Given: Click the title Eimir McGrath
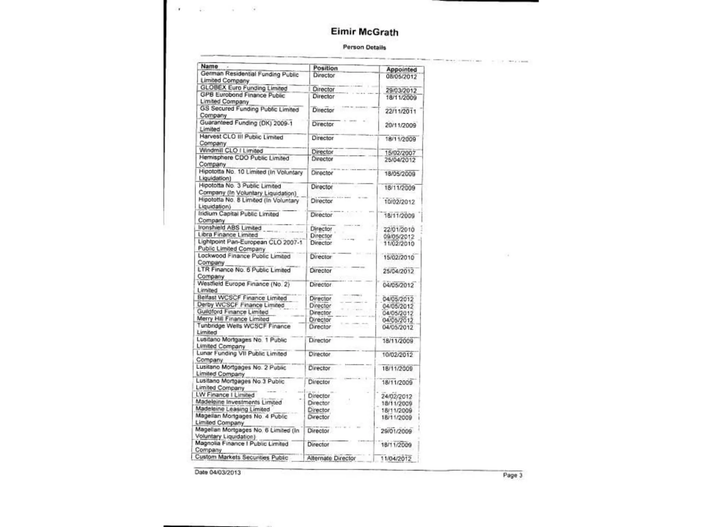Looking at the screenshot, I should coord(365,32).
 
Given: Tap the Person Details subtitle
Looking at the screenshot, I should coord(364,47).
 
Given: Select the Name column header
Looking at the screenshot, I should coord(209,66).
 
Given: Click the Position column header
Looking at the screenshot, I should coord(325,68).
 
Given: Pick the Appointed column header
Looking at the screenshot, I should coord(401,69).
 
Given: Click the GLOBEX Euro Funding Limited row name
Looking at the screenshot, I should coord(244,88).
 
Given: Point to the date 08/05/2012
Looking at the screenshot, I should coord(401,77).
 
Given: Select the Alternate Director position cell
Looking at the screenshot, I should coord(331,458).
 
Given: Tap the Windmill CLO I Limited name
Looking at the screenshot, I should coord(231,151).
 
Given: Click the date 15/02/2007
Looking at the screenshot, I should coord(400,153).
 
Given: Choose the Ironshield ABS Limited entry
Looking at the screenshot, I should coord(230,228).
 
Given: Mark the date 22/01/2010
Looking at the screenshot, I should coord(399,230).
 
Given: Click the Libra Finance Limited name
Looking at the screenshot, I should coord(228,235).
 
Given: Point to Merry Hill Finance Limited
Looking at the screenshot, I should coord(233,319).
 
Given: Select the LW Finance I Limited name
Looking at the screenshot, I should coord(225,395).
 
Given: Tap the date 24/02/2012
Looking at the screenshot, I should coord(396,396).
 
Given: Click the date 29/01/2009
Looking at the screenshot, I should coord(396,431).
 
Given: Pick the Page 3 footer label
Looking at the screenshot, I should coord(512,475).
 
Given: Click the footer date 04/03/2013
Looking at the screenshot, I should coord(218,472).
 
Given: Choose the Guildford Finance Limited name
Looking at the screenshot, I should coord(232,312).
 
